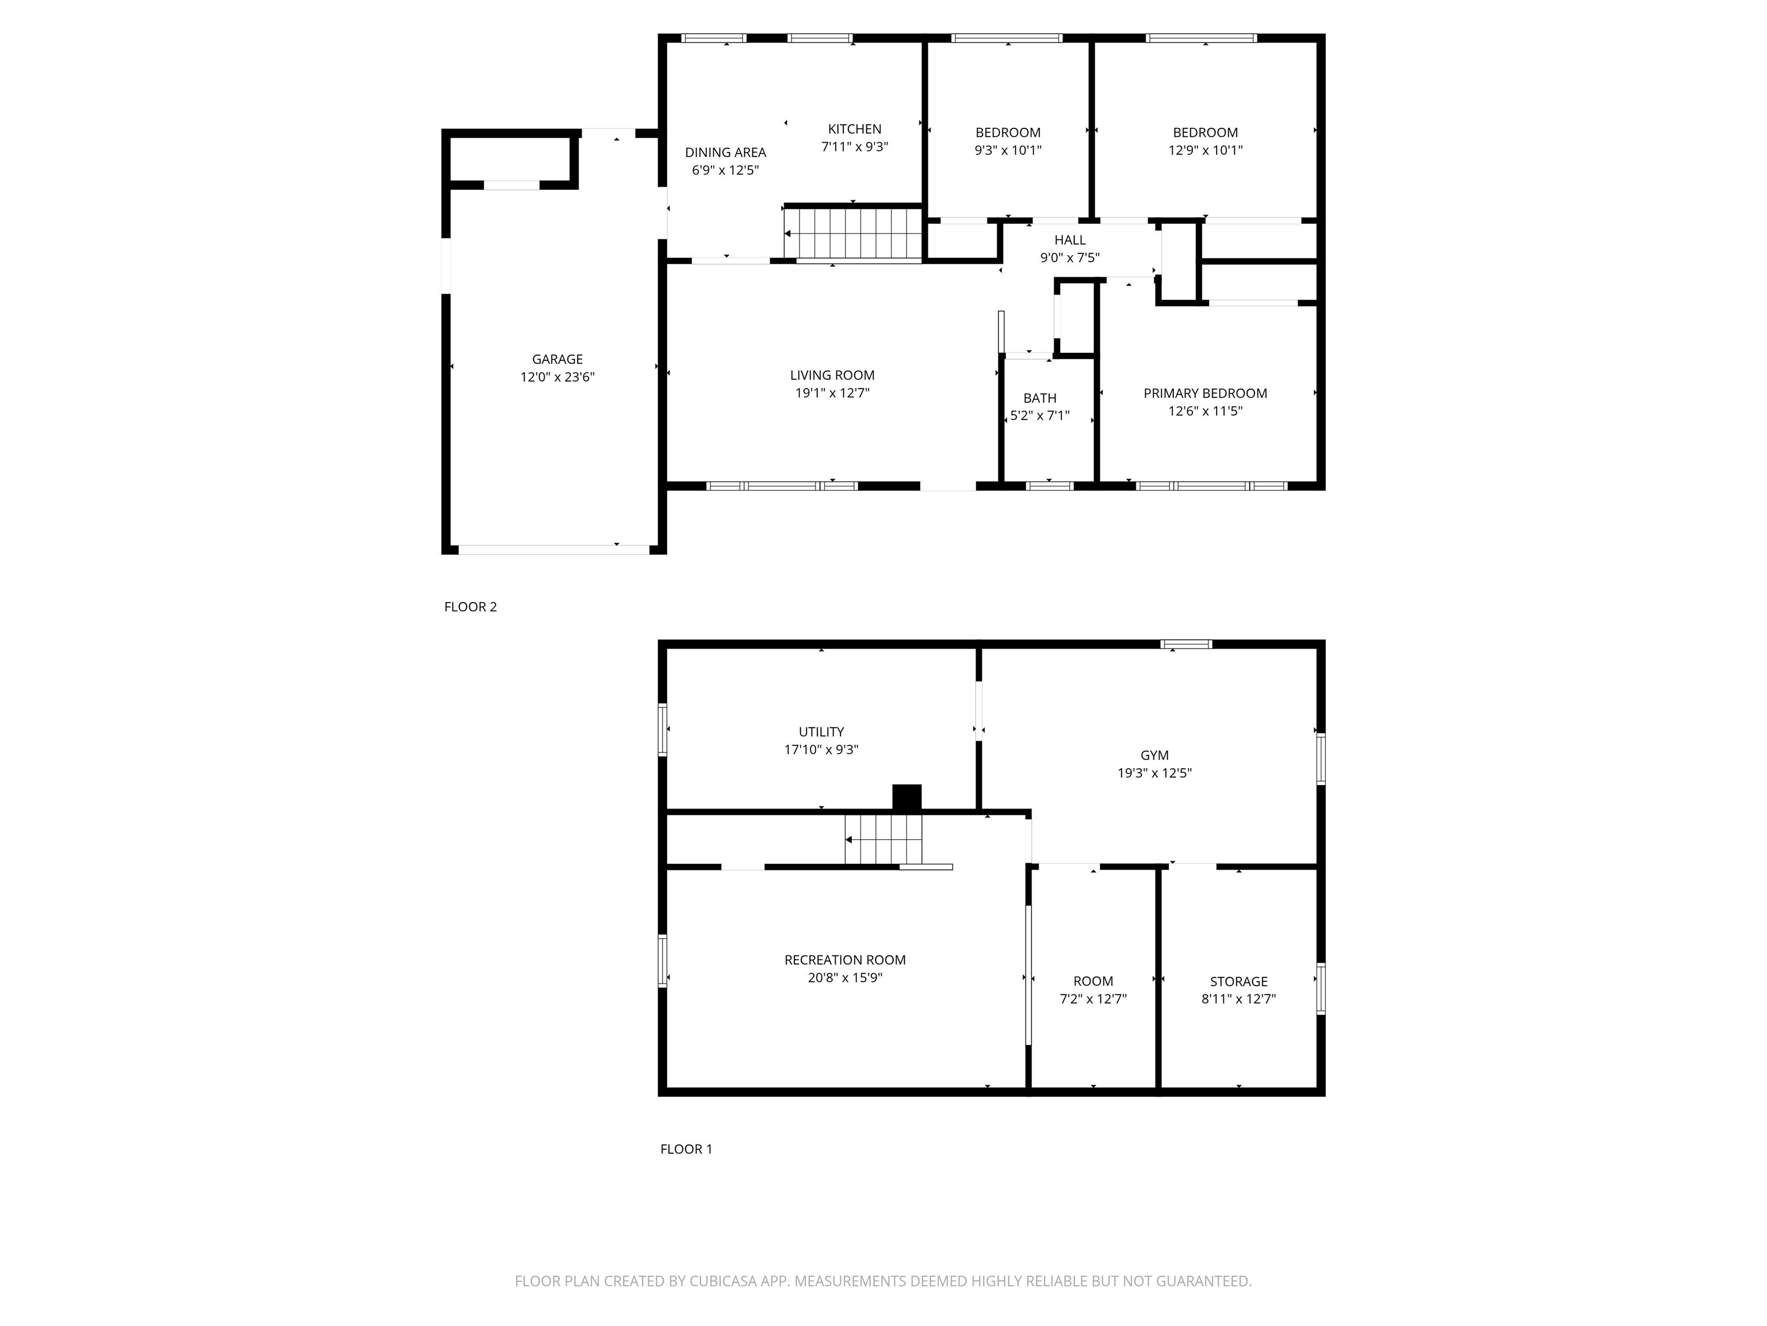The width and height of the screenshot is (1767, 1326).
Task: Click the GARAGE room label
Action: [557, 360]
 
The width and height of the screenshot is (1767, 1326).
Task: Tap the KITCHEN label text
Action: [855, 129]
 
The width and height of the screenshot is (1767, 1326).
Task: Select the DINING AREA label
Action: [725, 152]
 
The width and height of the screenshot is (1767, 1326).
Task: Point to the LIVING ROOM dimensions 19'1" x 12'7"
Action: [832, 393]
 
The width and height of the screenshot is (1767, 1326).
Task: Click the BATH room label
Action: [1040, 398]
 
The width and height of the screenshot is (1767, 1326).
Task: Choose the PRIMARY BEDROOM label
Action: [1206, 393]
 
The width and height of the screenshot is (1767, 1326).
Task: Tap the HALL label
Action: [1070, 240]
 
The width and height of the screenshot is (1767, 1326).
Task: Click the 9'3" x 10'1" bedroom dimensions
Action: [1008, 150]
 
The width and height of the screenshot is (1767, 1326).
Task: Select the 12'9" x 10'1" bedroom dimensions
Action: [1206, 150]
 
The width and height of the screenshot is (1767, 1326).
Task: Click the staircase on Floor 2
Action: [853, 233]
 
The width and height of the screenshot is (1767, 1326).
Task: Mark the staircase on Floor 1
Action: [883, 839]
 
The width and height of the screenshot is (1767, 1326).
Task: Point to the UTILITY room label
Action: [821, 731]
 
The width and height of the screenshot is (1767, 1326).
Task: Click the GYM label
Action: [1154, 755]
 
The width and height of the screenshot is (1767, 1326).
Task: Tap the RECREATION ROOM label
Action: [845, 960]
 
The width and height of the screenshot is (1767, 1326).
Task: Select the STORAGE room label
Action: [1239, 981]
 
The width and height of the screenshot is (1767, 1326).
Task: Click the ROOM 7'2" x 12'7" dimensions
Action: [1093, 999]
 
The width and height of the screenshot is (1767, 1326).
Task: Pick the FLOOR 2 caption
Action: [471, 607]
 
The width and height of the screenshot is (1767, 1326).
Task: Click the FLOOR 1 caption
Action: [686, 1149]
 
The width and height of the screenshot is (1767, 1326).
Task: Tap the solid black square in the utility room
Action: [907, 798]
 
